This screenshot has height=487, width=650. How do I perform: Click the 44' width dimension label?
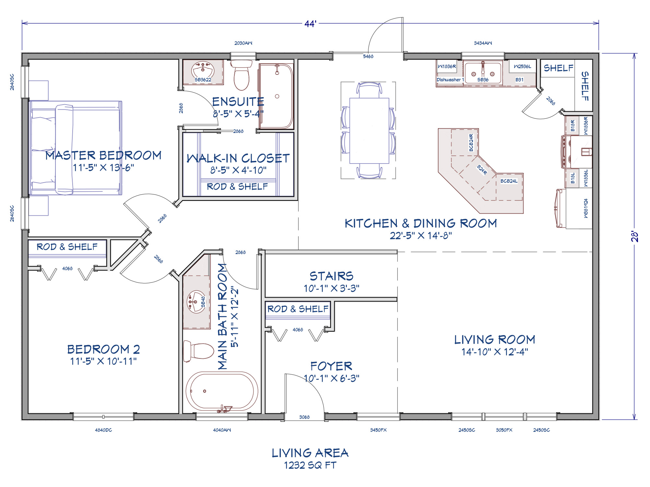coord(310,24)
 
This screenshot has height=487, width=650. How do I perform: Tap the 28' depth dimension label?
coord(634,237)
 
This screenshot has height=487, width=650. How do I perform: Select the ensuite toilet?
coord(241,76)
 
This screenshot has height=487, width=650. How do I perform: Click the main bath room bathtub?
coord(222,391)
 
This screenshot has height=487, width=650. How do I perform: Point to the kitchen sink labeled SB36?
coord(483,74)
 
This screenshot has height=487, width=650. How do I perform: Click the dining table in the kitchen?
coord(369,130)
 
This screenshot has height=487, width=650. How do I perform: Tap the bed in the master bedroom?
coord(76,148)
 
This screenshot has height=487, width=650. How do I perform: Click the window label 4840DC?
coord(103,430)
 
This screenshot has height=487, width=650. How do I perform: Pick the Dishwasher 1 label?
coord(450,80)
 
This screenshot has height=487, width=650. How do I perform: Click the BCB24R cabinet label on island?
coord(471,142)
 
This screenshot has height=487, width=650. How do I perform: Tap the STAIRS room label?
coord(331,276)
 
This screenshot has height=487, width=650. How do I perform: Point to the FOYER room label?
coord(331,366)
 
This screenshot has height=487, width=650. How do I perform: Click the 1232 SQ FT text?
coord(310,465)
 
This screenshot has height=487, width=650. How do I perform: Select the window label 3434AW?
coord(483,43)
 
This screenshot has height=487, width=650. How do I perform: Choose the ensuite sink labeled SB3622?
coord(203,72)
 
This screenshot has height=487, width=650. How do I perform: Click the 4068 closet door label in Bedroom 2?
coord(67,268)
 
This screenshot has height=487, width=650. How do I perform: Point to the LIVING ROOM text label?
coord(494,340)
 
